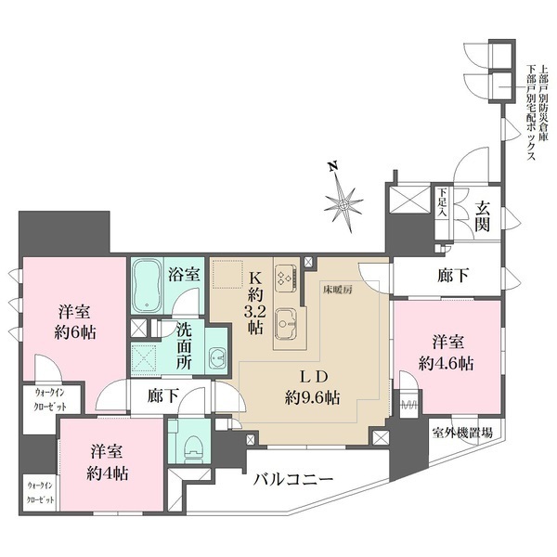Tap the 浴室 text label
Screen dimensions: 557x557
pyautogui.click(x=182, y=275)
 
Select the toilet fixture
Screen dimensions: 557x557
pyautogui.click(x=191, y=444)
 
